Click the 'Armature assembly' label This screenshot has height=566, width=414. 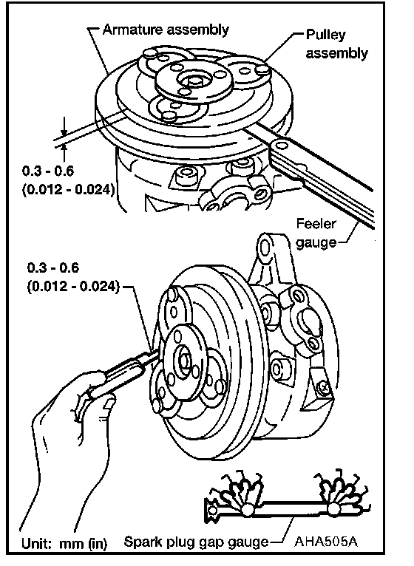pyautogui.click(x=166, y=30)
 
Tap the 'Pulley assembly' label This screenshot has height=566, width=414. pyautogui.click(x=336, y=44)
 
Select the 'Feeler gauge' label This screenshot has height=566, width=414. pyautogui.click(x=316, y=233)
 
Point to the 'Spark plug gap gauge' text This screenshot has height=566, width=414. pyautogui.click(x=196, y=542)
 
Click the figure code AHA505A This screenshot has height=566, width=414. pyautogui.click(x=326, y=542)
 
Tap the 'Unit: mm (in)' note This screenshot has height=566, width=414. pyautogui.click(x=64, y=543)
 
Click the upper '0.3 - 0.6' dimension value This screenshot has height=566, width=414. pyautogui.click(x=48, y=171)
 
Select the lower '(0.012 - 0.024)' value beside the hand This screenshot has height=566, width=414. pyautogui.click(x=73, y=287)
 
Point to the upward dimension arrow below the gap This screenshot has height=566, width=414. pyautogui.click(x=64, y=152)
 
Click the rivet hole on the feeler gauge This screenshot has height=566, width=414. pyautogui.click(x=280, y=145)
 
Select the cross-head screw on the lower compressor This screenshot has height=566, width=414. pyautogui.click(x=325, y=388)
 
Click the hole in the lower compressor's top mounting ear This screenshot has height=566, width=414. pyautogui.click(x=265, y=248)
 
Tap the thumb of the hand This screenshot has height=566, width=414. pyautogui.click(x=109, y=402)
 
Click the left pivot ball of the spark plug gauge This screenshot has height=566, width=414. pyautogui.click(x=247, y=510)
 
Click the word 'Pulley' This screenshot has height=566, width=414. pyautogui.click(x=326, y=35)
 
